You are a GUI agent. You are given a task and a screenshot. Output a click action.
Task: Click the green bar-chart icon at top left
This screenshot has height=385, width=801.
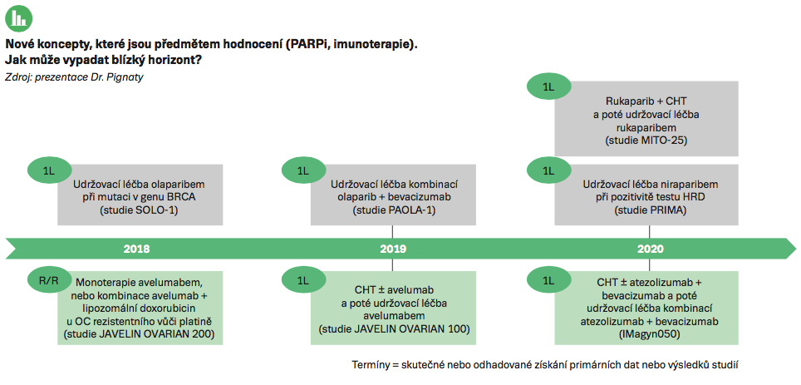(x=19, y=18)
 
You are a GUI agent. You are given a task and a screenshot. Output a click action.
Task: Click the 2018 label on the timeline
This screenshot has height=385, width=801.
(x=137, y=249)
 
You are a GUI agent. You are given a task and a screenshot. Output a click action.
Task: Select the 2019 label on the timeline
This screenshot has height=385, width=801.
(x=393, y=249)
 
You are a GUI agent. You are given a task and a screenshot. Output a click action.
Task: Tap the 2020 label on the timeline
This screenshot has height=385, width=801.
(x=650, y=249)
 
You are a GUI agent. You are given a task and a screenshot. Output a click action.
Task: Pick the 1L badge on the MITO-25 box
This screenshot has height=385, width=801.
(x=548, y=87)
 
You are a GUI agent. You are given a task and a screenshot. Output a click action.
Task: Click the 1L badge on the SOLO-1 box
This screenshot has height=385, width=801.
(x=50, y=171)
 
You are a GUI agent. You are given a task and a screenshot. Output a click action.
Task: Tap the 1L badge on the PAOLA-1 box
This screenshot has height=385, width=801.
(x=303, y=171)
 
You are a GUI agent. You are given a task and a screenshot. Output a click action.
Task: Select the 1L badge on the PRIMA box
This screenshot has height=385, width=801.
(x=548, y=171)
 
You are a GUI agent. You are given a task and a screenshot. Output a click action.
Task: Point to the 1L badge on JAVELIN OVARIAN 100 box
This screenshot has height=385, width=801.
(x=303, y=280)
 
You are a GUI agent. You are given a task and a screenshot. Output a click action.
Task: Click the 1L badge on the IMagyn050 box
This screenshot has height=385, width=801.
(x=548, y=280)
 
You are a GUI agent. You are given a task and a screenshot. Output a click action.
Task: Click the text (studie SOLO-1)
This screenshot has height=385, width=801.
(x=140, y=210)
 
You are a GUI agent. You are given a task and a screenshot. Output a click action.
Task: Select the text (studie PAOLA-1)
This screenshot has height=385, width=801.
(x=393, y=210)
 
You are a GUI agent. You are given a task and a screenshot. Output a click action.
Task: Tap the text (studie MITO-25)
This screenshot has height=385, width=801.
(x=646, y=140)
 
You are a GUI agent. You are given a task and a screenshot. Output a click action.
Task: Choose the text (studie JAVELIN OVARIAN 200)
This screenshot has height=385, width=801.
(x=139, y=335)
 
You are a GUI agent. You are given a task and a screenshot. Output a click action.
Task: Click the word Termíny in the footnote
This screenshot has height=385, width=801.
(x=369, y=366)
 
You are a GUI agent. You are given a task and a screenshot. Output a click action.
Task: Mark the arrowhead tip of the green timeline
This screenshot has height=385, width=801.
(x=795, y=249)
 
